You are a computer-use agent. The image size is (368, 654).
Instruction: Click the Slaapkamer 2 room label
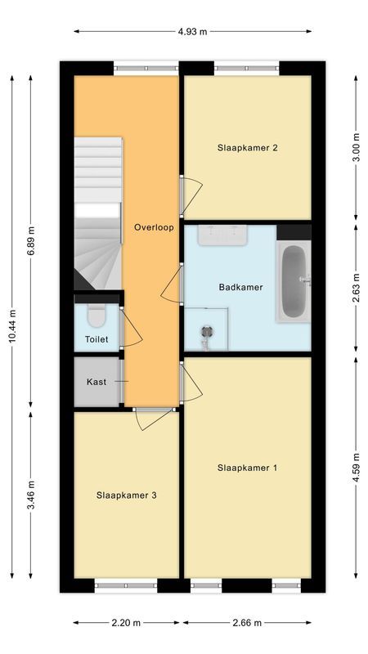248,148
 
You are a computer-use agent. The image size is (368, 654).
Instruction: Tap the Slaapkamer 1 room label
248,468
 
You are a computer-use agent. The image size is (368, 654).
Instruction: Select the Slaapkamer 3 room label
127,495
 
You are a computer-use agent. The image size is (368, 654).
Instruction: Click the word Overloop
153,227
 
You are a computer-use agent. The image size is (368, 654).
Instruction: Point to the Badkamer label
241,287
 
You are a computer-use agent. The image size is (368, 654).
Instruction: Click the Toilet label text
96,338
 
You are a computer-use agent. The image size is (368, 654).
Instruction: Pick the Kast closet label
96,382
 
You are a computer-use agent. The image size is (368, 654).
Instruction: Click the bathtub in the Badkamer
294,282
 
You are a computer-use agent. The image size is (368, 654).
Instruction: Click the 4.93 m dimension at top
192,31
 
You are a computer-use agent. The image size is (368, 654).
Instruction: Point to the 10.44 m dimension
12,320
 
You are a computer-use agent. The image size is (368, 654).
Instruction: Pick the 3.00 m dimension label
355,148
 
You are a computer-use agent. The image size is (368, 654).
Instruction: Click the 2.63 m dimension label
355,287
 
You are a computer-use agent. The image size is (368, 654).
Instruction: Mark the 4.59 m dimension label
355,468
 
